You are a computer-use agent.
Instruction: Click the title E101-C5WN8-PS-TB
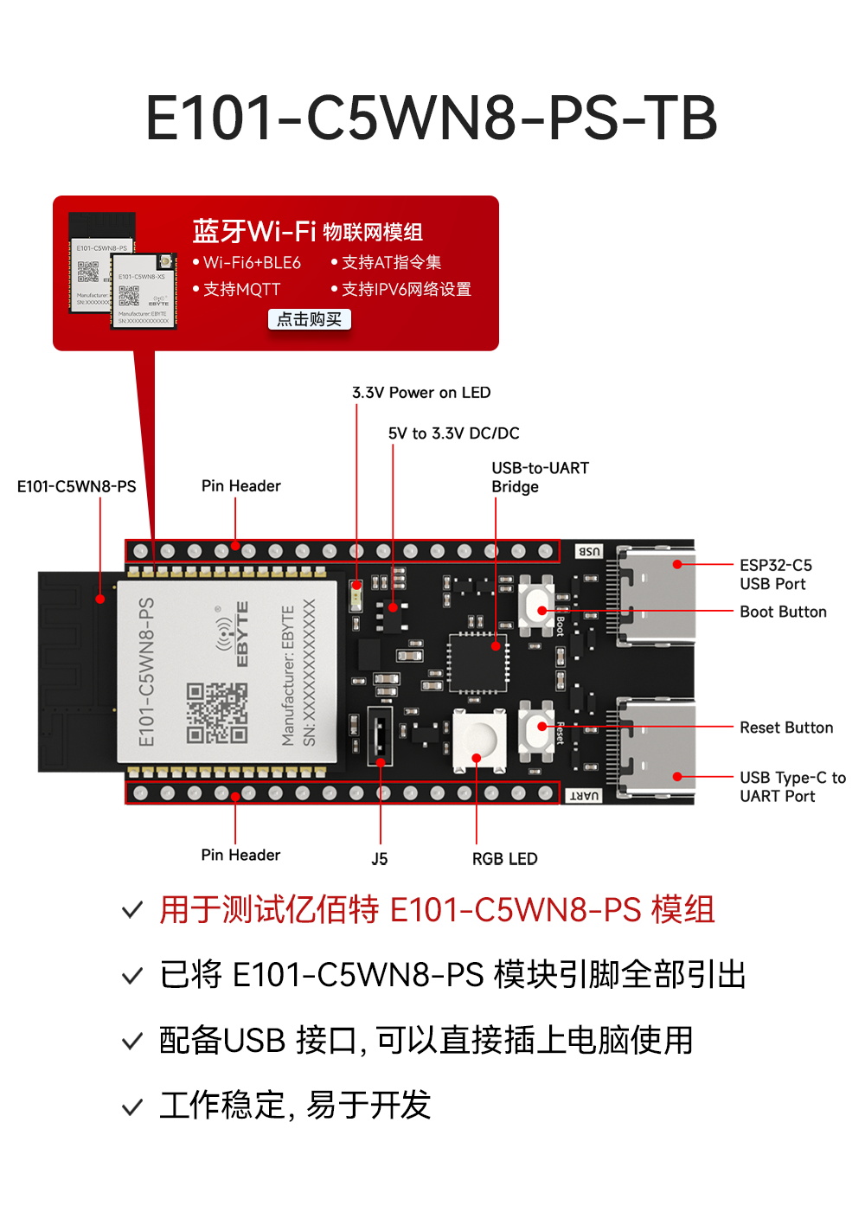coord(432,119)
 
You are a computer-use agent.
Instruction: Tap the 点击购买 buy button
coord(309,319)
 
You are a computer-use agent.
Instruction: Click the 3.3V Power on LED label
coord(421,393)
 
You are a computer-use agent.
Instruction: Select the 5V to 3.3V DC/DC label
coord(453,433)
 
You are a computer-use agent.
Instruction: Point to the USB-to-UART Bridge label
coord(540,478)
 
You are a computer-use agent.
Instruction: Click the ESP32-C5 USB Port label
coord(775,574)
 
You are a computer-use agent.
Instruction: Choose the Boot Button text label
coord(783,612)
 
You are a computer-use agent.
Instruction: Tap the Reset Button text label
coord(786,728)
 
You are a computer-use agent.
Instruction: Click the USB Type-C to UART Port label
coord(791,786)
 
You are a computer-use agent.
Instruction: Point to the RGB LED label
coord(504,859)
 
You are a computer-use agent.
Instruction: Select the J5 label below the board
coord(379,859)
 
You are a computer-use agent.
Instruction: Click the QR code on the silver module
coord(217,713)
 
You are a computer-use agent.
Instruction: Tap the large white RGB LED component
coord(479,740)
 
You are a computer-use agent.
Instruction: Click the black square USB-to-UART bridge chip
coord(477,662)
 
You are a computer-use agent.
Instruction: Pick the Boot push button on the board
coord(536,609)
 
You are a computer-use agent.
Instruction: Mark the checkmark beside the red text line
coord(132,910)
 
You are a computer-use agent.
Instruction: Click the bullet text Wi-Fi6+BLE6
coord(251,262)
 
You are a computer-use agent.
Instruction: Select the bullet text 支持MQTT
coord(241,289)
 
